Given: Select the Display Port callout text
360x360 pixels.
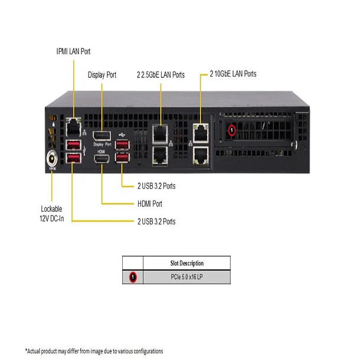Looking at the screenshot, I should point(102,75).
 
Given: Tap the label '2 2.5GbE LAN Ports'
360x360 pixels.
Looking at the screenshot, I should point(161,75).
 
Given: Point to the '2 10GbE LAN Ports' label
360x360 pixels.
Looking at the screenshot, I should point(233,74).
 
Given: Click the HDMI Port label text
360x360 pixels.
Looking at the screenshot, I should point(145,204).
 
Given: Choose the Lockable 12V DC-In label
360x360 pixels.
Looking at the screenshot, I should point(51,214).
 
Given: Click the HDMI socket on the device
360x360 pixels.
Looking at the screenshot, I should point(102,158).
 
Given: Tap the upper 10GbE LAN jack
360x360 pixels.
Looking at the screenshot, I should point(201,133).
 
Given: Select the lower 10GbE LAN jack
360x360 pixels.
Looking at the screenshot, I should point(201,155).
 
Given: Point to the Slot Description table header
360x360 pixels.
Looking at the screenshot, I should point(186,263).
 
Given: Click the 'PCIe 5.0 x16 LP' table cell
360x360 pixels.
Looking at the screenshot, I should point(186,276).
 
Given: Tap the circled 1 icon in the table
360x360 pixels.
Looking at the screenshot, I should point(133,276).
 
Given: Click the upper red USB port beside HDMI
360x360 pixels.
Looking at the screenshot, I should point(122,146).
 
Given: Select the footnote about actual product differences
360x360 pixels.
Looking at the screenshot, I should point(94,351).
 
